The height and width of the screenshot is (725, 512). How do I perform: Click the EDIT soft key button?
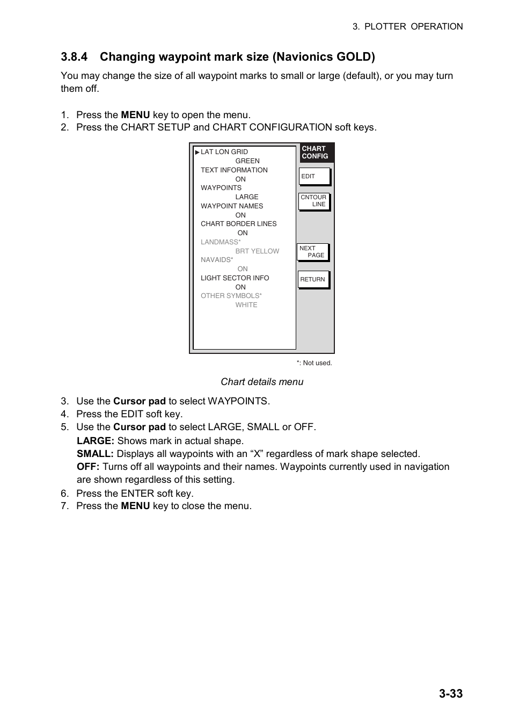[314, 176]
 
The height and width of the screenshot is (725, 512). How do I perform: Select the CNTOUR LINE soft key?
[314, 201]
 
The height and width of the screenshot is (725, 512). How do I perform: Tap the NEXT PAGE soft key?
[313, 252]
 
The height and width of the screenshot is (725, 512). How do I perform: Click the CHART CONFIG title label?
[315, 153]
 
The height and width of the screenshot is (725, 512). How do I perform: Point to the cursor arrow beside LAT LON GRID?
[198, 152]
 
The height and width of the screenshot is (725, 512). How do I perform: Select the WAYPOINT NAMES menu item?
[232, 206]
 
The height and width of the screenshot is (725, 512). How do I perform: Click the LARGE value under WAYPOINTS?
[246, 197]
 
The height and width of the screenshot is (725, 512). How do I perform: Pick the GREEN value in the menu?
[247, 161]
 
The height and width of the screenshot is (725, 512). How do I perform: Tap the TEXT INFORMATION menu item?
[234, 170]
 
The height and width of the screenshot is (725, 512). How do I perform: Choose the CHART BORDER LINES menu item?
[238, 224]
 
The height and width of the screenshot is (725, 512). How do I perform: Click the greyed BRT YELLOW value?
[257, 251]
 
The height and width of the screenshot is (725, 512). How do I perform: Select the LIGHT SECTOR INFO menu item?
[235, 278]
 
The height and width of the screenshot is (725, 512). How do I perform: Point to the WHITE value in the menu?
[246, 305]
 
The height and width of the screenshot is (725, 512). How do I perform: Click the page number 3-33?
[450, 693]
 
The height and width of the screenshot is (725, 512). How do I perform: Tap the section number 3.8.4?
[74, 57]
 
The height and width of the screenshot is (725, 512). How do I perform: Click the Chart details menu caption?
[262, 382]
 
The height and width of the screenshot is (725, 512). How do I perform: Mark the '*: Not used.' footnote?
[314, 363]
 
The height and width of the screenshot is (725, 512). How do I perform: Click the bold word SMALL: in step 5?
[95, 454]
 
